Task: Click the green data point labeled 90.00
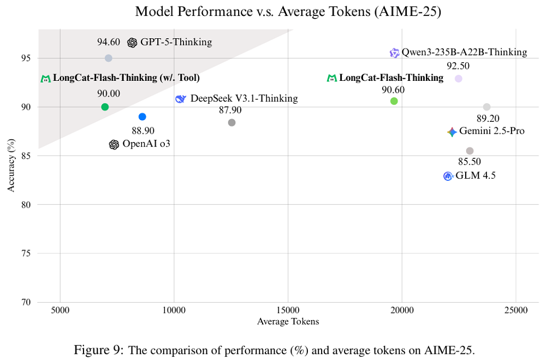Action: point(105,107)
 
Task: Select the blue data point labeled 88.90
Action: point(143,116)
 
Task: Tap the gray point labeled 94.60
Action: point(109,58)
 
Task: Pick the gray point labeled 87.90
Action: point(232,122)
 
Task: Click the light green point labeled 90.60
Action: point(394,101)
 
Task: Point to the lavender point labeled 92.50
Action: point(459,79)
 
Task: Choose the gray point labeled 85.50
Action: point(470,151)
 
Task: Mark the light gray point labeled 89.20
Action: point(487,107)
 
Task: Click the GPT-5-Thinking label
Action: point(176,42)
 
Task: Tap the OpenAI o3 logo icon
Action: point(114,145)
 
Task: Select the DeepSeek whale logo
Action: point(181,99)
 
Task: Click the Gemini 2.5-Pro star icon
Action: point(452,132)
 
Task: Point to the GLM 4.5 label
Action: point(476,176)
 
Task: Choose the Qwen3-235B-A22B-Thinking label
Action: point(464,52)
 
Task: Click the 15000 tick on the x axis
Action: point(288,310)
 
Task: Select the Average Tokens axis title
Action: point(288,322)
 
